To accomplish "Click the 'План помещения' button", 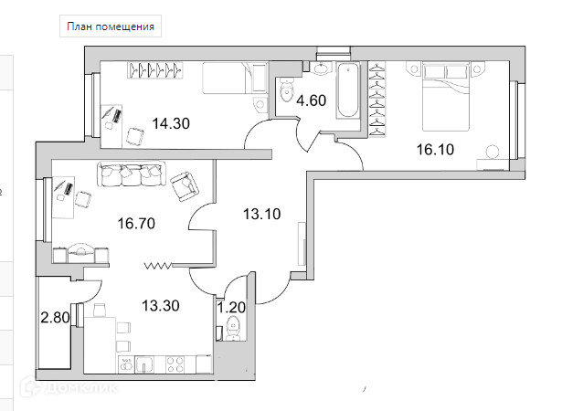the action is [109, 26].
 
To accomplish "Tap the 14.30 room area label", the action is [170, 124].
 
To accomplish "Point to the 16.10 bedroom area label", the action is [435, 150].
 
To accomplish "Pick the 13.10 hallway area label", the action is [260, 216].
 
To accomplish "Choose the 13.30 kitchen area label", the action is [159, 306].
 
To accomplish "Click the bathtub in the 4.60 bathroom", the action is [349, 90].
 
